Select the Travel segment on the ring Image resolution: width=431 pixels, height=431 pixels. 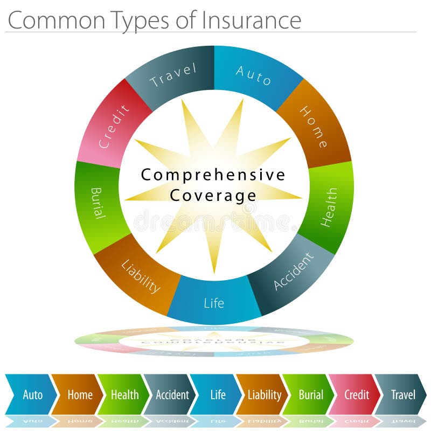coord(173,75)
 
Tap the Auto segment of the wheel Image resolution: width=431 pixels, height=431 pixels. coord(254,75)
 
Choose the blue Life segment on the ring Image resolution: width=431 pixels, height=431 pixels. coord(214,302)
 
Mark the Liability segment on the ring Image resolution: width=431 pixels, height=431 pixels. coord(140,276)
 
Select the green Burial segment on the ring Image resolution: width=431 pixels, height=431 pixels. coord(97,203)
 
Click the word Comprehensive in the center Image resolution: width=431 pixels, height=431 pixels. coord(213,175)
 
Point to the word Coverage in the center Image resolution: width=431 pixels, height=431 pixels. coord(213,195)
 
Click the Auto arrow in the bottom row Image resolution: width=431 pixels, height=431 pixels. coord(31,394)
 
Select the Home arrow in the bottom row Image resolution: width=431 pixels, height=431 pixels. coord(79,394)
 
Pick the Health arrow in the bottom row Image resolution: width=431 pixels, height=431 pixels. coord(124,394)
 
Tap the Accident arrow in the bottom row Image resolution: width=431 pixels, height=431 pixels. coord(171,394)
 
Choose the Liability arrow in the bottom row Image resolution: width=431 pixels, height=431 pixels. coord(264,394)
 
